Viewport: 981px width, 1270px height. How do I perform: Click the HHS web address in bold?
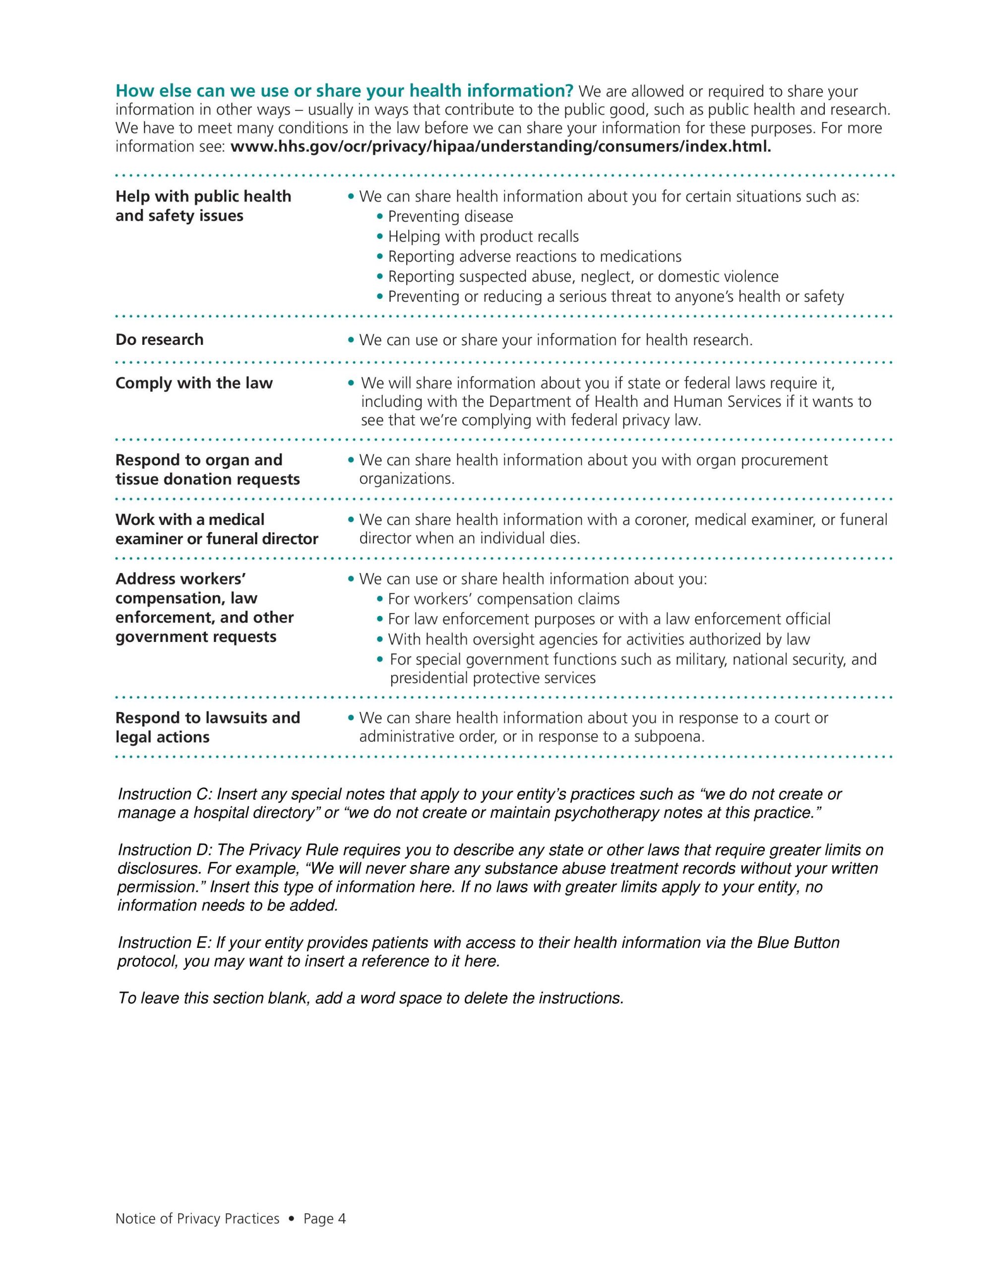click(501, 146)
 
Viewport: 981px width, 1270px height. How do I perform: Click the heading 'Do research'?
click(159, 340)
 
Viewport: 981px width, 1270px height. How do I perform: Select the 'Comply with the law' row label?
click(193, 383)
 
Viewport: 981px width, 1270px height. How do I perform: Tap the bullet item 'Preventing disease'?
click(450, 217)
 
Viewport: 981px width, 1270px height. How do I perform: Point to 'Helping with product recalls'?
click(483, 237)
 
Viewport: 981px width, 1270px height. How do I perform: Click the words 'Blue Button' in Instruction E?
click(798, 943)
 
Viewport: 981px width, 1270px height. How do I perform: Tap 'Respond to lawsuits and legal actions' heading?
click(208, 727)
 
